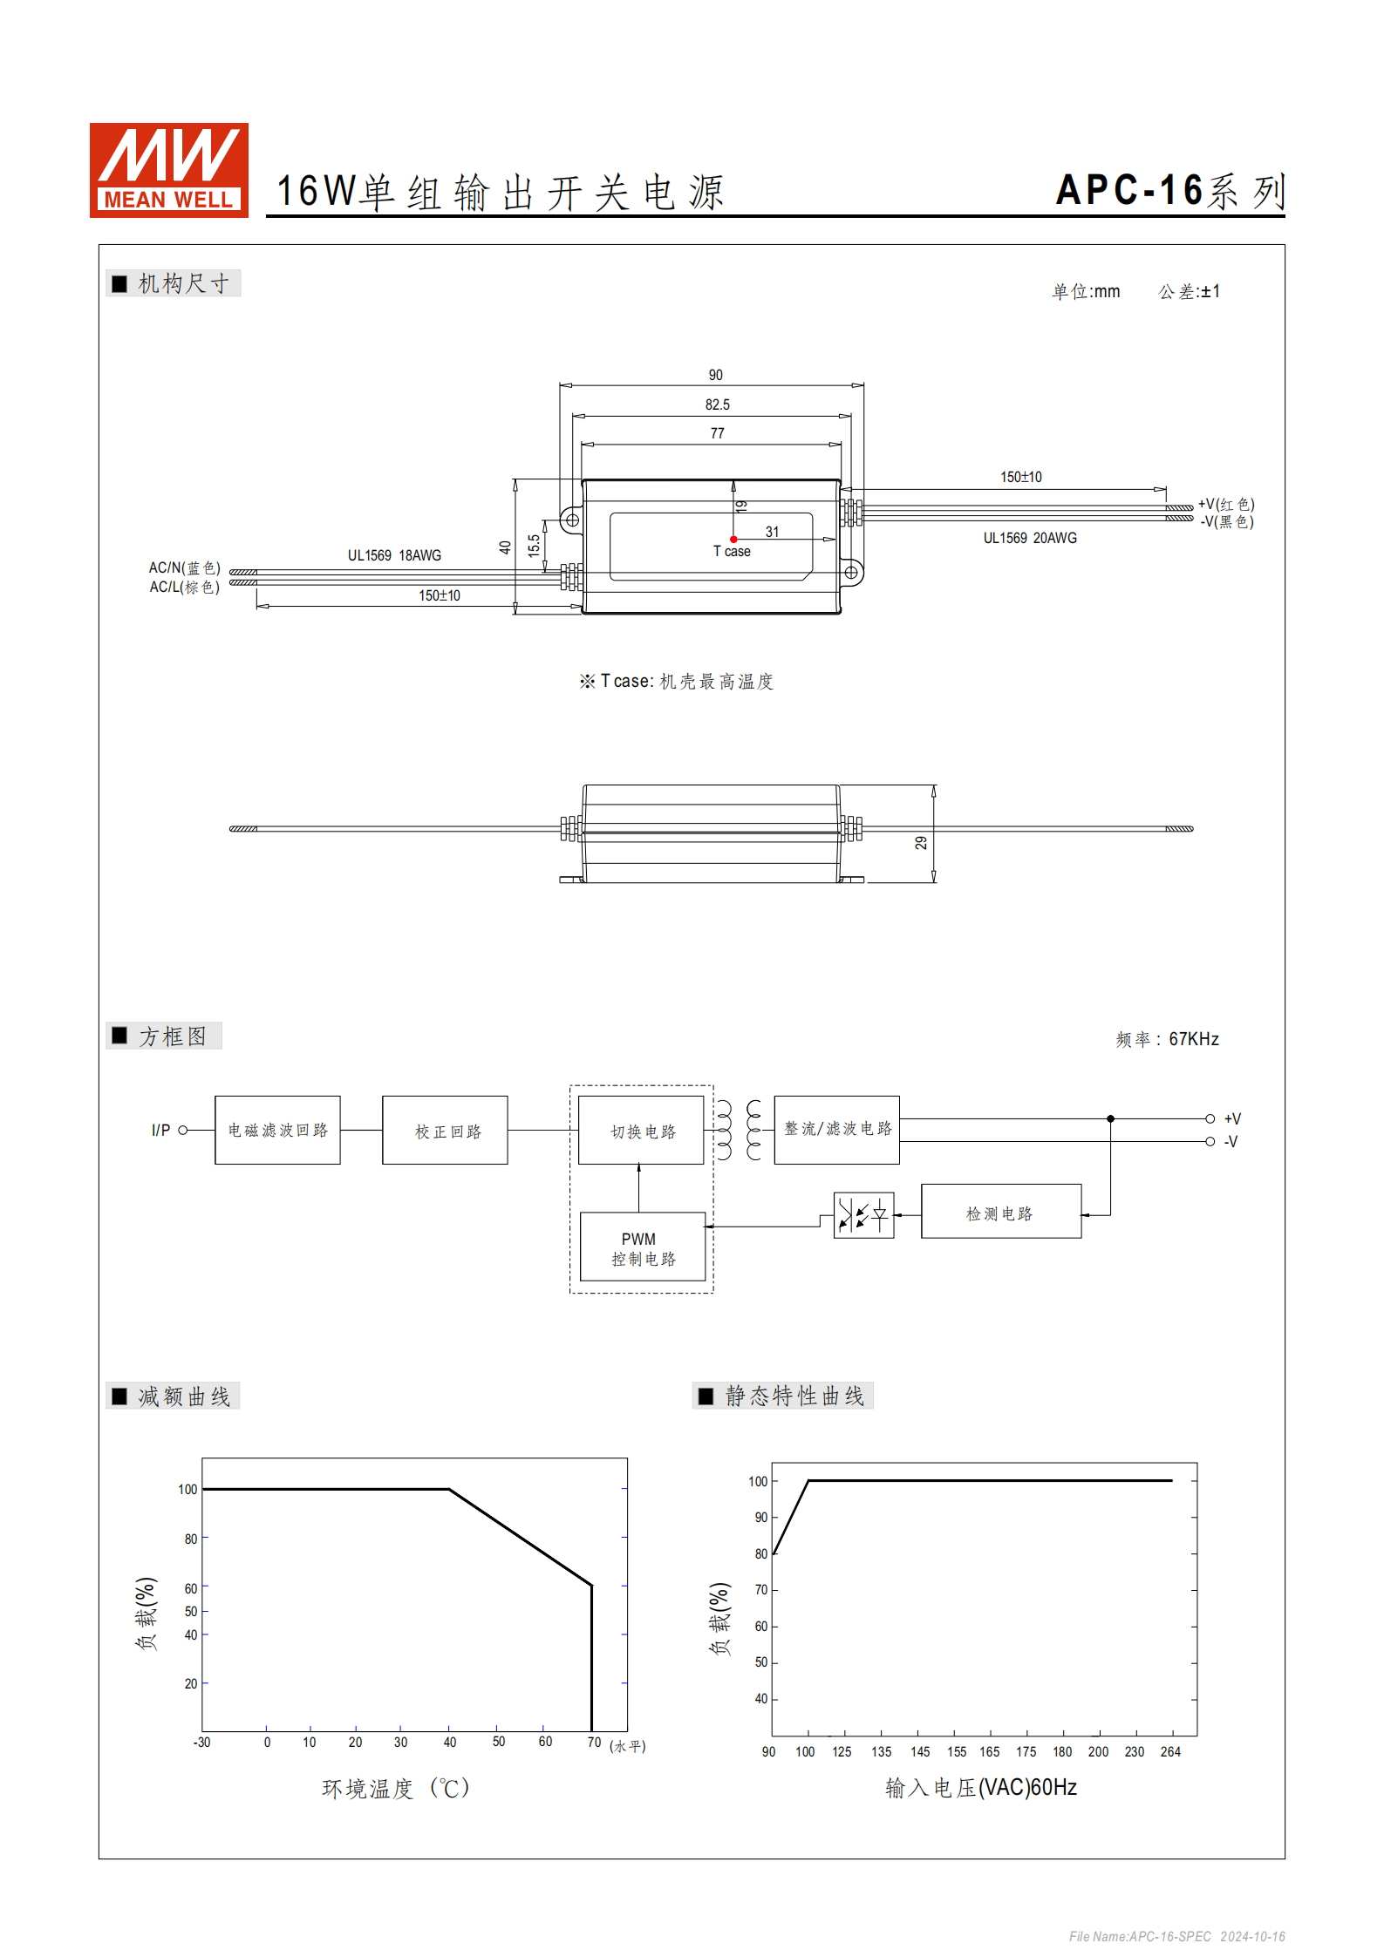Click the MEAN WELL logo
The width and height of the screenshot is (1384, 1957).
coord(169,170)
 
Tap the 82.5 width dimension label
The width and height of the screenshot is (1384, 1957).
coord(717,404)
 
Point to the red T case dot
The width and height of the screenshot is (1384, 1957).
coord(733,540)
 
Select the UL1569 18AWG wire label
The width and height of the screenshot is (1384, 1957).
coord(394,555)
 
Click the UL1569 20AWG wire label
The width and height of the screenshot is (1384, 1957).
coord(1030,538)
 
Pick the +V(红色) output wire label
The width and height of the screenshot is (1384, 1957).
coord(1226,504)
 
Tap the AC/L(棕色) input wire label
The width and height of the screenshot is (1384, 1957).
coord(184,587)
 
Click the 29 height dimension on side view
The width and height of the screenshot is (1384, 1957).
coord(921,843)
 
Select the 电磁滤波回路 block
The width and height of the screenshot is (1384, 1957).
coord(277,1130)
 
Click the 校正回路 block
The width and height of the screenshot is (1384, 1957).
coord(445,1130)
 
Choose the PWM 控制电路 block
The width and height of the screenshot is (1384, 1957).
coord(643,1247)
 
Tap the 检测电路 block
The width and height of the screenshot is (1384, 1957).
coord(1001,1211)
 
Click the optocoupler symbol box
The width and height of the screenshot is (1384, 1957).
coord(863,1214)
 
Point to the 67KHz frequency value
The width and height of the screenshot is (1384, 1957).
coord(1194,1039)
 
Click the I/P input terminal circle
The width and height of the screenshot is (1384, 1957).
coord(183,1130)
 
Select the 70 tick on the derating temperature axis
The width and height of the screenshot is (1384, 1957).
coord(594,1742)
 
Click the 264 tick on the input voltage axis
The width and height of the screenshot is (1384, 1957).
coord(1170,1751)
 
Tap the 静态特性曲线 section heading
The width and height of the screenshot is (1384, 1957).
coord(794,1396)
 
